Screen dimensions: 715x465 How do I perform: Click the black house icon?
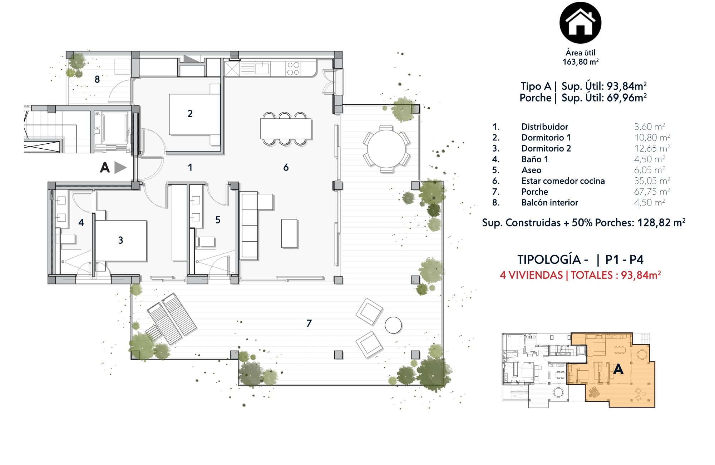pos(580,23)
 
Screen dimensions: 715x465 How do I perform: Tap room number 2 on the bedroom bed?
pos(190,114)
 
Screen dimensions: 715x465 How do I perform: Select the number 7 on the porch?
pos(309,323)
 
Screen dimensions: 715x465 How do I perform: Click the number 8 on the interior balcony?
pos(97,79)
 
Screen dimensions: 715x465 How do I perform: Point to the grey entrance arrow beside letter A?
pos(120,167)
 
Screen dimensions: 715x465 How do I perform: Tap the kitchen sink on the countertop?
pos(262,68)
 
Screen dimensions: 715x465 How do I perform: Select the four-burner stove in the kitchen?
pos(293,69)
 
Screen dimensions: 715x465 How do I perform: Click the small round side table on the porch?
pos(393,325)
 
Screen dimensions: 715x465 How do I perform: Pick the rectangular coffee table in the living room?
pos(289,233)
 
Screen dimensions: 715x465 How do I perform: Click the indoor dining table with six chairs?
pos(286,129)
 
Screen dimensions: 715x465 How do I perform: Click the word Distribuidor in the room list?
pos(544,127)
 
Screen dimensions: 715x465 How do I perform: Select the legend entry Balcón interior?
pos(549,203)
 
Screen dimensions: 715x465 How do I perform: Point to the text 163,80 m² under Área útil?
pos(580,62)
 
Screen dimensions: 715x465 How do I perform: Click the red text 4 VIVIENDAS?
pos(531,275)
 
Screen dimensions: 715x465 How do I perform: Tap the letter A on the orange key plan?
pos(618,369)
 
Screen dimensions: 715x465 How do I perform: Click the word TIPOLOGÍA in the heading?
pos(549,259)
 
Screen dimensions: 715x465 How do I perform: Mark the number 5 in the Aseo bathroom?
pos(218,220)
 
